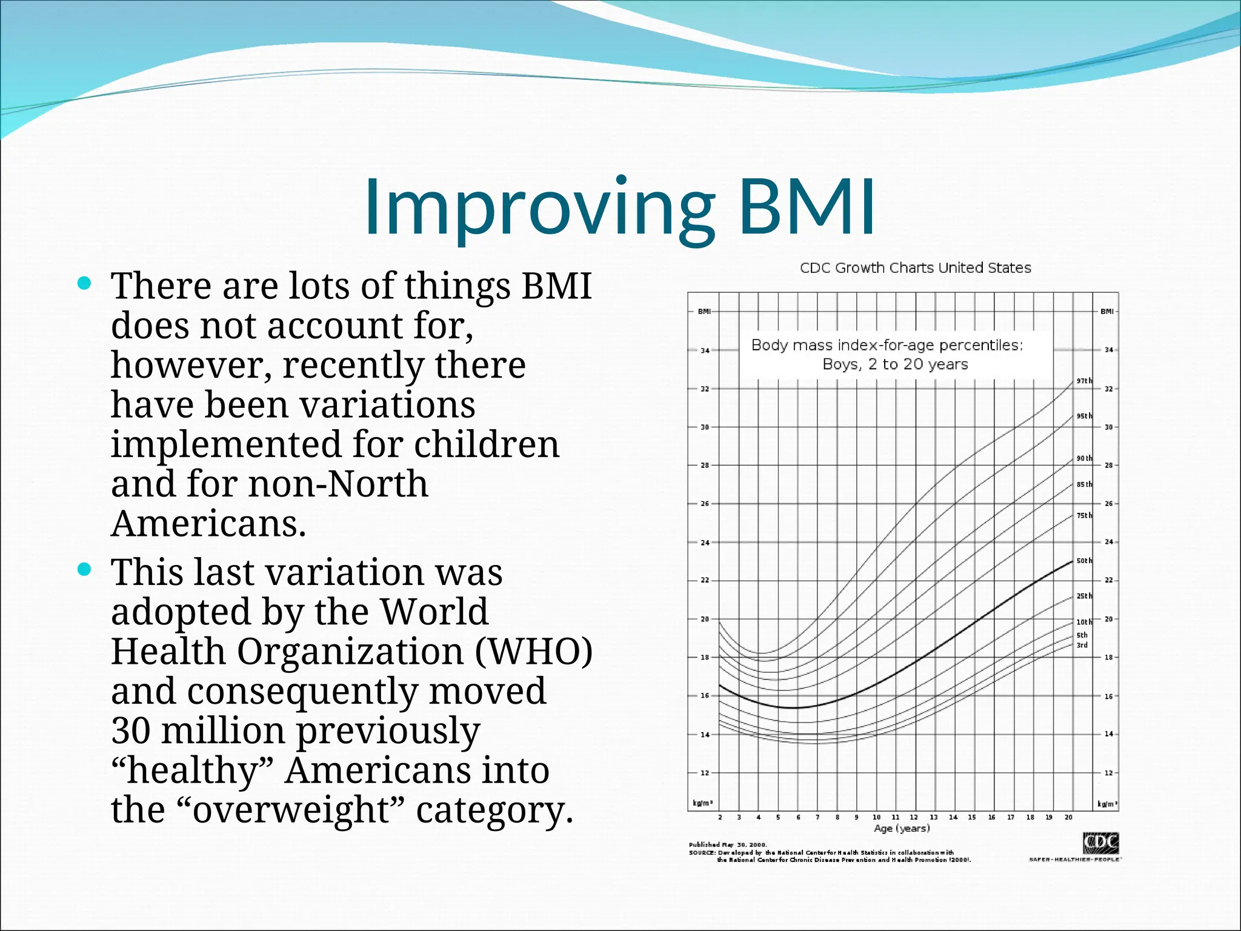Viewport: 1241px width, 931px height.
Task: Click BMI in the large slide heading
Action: [x=806, y=207]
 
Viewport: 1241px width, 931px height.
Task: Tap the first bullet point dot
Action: [x=85, y=283]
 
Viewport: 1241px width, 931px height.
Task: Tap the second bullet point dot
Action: [x=85, y=569]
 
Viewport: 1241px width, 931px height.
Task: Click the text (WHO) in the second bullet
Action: [x=533, y=652]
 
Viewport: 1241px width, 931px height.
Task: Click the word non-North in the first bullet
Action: [x=338, y=484]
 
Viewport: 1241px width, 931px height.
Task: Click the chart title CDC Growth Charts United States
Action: [x=915, y=268]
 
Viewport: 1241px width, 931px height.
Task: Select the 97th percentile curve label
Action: [x=1084, y=381]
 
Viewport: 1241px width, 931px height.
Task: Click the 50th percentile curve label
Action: [x=1084, y=561]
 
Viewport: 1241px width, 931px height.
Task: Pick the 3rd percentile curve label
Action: [x=1082, y=645]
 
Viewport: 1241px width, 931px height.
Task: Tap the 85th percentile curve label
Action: [x=1084, y=484]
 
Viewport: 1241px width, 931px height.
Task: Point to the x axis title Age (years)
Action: [x=902, y=828]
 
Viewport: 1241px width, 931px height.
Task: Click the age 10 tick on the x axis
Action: [x=876, y=817]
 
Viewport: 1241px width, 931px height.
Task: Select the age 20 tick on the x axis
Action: [x=1068, y=817]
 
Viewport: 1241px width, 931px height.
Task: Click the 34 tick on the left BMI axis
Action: [x=705, y=350]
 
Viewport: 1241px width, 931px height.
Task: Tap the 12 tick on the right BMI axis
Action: [x=1108, y=773]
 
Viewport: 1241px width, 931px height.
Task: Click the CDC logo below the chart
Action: [x=1100, y=843]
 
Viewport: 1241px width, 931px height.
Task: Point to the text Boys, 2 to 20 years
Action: [x=895, y=364]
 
